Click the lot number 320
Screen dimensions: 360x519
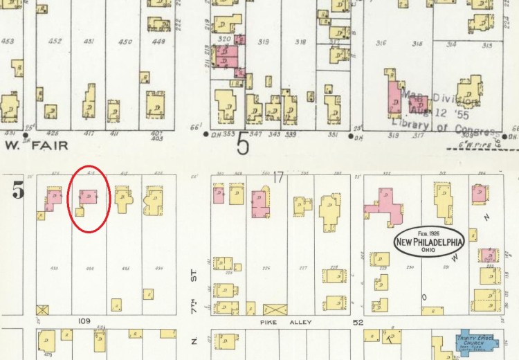[x=224, y=40]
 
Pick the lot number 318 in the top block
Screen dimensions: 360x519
[x=300, y=42]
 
